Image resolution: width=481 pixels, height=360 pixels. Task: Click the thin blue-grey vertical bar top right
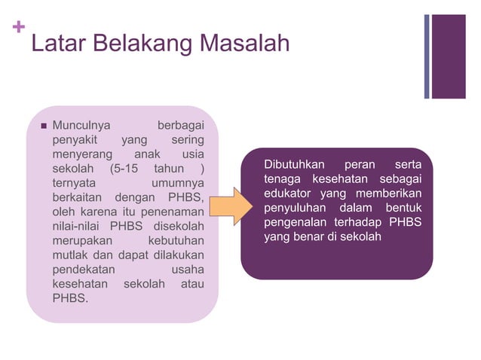427,56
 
